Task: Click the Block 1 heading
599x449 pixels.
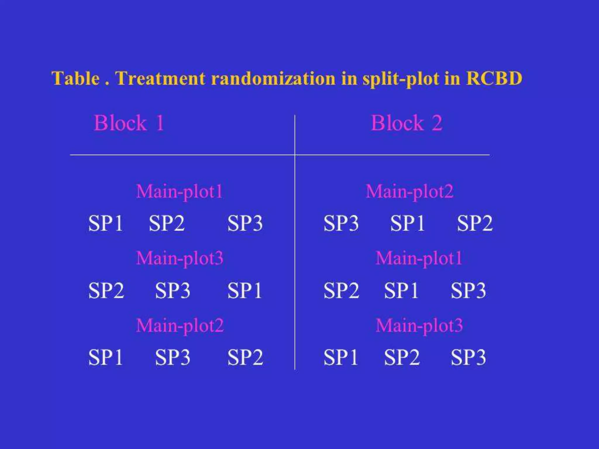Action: [129, 123]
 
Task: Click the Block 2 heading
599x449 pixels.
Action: [407, 123]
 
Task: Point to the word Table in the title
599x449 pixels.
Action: [75, 78]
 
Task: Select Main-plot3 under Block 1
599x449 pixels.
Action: [180, 258]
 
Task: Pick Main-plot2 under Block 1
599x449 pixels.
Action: [180, 325]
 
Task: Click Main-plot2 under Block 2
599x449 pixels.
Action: [409, 192]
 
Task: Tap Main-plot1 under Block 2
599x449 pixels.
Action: [419, 258]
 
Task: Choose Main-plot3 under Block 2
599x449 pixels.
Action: [419, 325]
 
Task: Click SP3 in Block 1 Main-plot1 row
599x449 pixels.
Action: [245, 223]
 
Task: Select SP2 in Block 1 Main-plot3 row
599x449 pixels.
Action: [106, 290]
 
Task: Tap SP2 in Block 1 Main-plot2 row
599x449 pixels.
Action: [245, 357]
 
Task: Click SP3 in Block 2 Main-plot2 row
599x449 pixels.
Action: [341, 223]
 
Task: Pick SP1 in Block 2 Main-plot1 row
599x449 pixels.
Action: [401, 290]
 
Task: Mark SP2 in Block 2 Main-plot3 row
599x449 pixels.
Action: [402, 357]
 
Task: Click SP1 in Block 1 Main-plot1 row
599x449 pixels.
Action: [105, 223]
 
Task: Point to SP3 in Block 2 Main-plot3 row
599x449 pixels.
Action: [468, 357]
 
